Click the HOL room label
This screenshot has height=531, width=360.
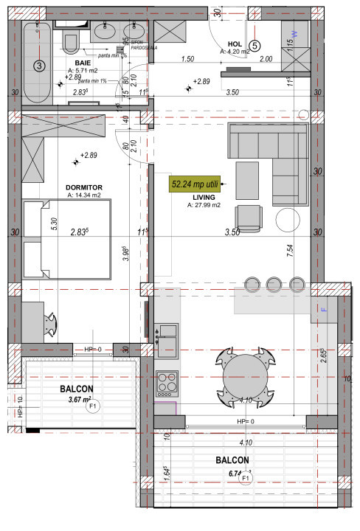click(235, 44)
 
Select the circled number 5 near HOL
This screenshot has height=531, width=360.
click(255, 45)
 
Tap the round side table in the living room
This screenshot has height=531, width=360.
click(288, 220)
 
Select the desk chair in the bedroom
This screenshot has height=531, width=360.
click(50, 322)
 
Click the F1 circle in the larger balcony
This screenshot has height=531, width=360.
click(246, 479)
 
